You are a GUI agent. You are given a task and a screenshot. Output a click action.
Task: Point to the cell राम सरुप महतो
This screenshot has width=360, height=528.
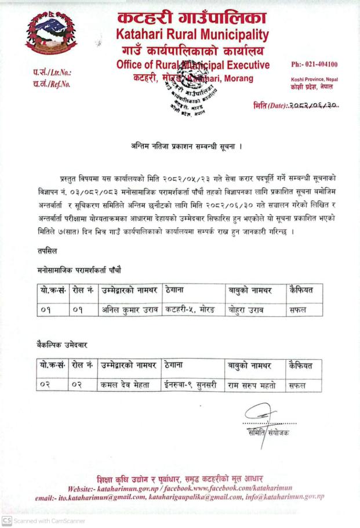(252, 384)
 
